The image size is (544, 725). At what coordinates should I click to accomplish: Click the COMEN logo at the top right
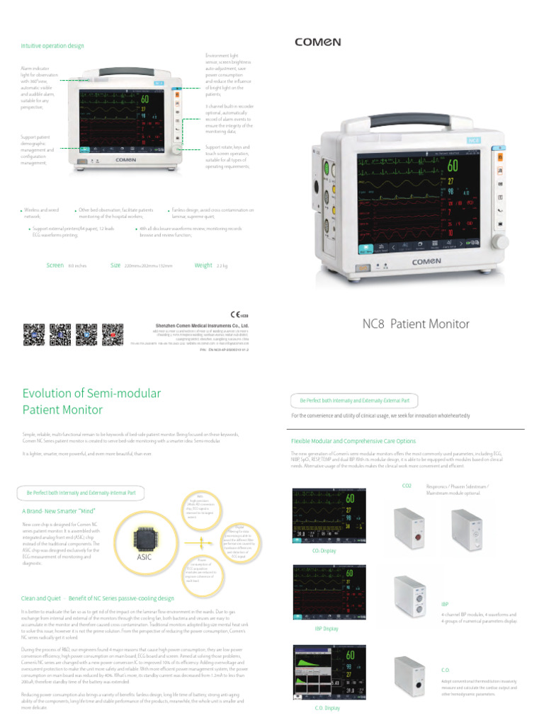[x=317, y=42]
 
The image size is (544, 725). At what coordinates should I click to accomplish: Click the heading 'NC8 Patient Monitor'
[x=416, y=324]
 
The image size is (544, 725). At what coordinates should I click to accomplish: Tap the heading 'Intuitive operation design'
[x=52, y=46]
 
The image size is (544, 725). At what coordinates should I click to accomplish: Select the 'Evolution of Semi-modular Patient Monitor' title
[x=92, y=401]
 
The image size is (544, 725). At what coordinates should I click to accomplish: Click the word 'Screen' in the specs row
[x=55, y=266]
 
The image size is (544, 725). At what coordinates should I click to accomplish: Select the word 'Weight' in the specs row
[x=203, y=266]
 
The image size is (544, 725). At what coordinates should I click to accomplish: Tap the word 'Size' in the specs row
[x=115, y=266]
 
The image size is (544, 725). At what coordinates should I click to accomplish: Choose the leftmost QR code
[x=34, y=334]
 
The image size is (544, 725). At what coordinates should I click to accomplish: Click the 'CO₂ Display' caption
[x=324, y=550]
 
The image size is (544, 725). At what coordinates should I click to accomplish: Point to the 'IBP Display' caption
[x=326, y=628]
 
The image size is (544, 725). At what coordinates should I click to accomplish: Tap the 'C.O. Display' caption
[x=327, y=707]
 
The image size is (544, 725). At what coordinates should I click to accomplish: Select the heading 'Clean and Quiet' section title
[x=97, y=598]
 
